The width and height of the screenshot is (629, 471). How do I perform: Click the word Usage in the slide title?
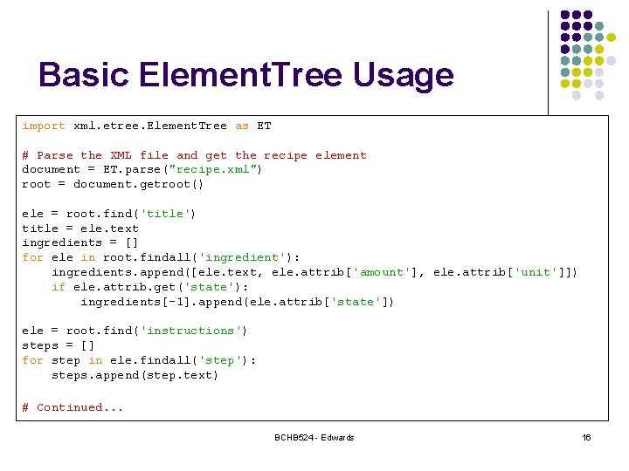(x=404, y=75)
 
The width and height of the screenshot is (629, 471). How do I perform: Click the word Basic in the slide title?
(x=81, y=75)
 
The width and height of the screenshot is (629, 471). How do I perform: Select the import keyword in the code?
(x=44, y=126)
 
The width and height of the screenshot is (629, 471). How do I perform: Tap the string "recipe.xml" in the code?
(x=213, y=169)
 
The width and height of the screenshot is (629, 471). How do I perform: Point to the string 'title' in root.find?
(x=164, y=214)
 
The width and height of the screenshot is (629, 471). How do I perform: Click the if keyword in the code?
(x=58, y=287)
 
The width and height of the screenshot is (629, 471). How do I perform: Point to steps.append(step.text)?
(x=135, y=375)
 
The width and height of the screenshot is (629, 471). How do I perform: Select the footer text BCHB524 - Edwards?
(x=314, y=437)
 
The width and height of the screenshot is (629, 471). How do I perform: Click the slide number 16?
(x=586, y=437)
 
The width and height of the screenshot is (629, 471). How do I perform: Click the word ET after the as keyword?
(x=263, y=126)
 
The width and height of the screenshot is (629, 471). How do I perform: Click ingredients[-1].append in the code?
(x=153, y=302)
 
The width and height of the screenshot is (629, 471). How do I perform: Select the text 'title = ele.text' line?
(x=79, y=229)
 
